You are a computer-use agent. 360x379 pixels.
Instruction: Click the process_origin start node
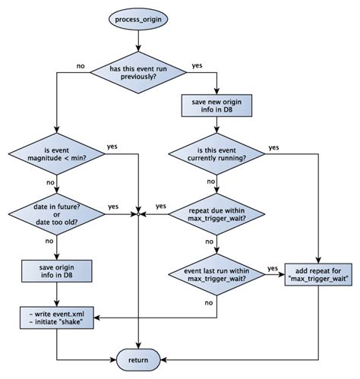[x=138, y=18]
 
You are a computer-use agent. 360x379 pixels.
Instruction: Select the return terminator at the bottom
[x=138, y=358]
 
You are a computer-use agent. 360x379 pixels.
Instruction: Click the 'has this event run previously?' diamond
[x=138, y=72]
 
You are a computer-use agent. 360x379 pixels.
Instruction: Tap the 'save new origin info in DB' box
[x=217, y=106]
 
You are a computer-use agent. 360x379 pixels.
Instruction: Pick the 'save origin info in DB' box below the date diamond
[x=58, y=271]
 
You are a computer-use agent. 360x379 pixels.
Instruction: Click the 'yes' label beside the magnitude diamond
[x=112, y=146]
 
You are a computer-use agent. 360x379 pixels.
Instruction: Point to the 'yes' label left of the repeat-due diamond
[x=160, y=206]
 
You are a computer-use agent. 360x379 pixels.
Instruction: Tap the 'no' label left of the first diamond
[x=81, y=65]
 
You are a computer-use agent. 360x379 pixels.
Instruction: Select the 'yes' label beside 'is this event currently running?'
[x=273, y=147]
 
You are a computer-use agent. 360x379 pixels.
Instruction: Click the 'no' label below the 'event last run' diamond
[x=208, y=302]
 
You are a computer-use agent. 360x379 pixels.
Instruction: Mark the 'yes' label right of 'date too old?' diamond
[x=113, y=206]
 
